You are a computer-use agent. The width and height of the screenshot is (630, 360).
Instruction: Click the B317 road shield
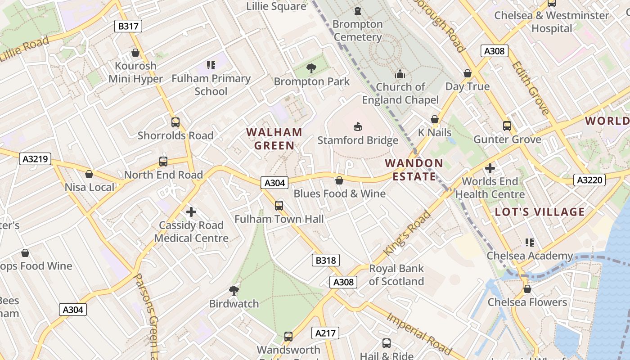[x=128, y=26]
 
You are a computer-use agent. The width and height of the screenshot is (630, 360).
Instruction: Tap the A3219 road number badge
[x=36, y=159]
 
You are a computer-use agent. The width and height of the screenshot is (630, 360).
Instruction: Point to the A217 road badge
[x=325, y=333]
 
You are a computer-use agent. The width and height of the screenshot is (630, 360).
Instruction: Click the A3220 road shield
[x=590, y=180]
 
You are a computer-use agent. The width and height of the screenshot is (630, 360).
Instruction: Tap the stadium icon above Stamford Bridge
[x=358, y=127]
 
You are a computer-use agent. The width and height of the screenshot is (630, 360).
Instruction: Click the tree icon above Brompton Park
[x=311, y=68]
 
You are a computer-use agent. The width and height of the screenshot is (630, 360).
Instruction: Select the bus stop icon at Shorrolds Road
[x=175, y=122]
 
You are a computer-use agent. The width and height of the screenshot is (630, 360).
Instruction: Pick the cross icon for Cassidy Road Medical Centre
[x=191, y=211]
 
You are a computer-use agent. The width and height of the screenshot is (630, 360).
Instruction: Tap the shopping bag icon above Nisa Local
[x=89, y=174]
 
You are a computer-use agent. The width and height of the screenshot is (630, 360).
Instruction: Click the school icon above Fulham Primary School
[x=211, y=65]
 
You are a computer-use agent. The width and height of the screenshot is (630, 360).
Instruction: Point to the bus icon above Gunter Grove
[x=507, y=126]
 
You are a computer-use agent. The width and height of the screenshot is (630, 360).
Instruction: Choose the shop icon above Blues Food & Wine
[x=339, y=180]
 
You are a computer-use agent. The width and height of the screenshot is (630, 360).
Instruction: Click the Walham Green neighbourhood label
[x=274, y=139]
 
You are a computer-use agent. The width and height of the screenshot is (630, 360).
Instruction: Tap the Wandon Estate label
[x=414, y=170]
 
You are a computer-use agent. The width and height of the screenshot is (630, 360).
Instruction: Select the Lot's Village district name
[x=540, y=212]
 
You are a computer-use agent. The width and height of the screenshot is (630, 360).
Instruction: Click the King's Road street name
[x=407, y=233]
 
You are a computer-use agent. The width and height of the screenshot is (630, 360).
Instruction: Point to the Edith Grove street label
[x=530, y=88]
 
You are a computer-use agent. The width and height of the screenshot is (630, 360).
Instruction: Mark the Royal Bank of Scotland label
[x=396, y=275]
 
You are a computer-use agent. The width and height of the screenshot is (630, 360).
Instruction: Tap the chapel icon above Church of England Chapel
[x=400, y=74]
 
